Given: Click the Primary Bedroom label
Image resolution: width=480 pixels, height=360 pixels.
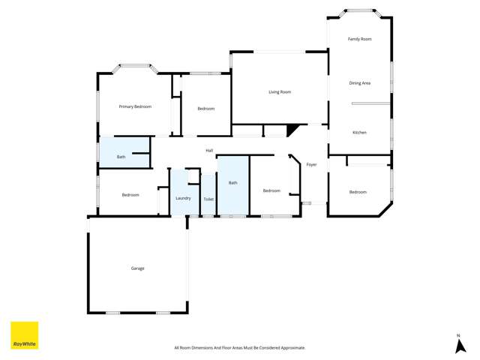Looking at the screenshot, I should (x=135, y=106).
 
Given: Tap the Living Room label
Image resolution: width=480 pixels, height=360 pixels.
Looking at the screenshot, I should (x=280, y=92).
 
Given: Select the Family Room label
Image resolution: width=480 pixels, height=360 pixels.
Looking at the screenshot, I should (x=359, y=39).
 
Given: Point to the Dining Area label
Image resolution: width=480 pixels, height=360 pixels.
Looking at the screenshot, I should (x=359, y=83).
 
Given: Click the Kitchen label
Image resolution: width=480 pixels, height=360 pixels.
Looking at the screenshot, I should (x=359, y=133).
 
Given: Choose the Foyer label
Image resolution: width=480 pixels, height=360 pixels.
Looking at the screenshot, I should (x=311, y=164).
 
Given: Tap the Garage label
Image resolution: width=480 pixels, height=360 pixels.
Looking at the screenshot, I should (x=137, y=268).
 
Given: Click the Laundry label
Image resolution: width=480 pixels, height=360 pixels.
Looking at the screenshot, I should (x=183, y=198).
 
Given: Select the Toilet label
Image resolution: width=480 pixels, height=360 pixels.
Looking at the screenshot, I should (x=208, y=199).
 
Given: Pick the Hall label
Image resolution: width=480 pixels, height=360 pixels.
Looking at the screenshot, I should (x=209, y=151).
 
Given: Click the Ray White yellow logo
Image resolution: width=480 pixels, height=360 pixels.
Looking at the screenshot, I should (x=24, y=335).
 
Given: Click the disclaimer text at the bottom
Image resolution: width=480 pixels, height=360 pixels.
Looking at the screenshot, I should (x=239, y=348).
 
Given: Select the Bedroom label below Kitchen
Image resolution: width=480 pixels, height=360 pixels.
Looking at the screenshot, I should (x=358, y=192).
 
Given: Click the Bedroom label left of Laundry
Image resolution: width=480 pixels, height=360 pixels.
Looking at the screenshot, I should (x=130, y=195).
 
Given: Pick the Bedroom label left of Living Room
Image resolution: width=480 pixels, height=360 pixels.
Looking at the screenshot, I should (x=205, y=109).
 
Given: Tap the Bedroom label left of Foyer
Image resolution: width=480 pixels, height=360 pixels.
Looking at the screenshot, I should (x=271, y=190).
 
